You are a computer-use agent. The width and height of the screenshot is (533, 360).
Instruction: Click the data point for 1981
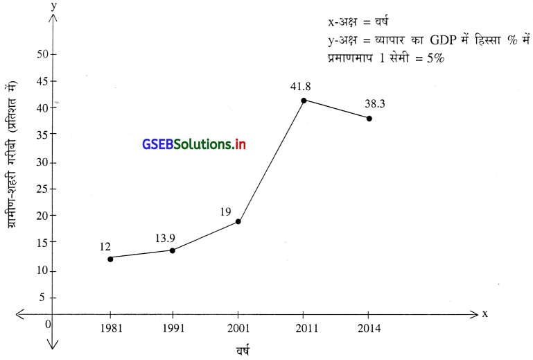110,259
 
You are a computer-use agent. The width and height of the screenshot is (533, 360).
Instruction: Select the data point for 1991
173,250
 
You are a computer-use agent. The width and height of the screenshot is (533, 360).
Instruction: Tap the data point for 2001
238,222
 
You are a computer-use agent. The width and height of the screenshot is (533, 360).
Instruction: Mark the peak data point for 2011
304,101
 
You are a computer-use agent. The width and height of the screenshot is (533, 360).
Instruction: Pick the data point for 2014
369,119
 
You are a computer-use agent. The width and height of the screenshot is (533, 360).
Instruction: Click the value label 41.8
303,87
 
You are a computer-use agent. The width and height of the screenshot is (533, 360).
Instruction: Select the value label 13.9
165,238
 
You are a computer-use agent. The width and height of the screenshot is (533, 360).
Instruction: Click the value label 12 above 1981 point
105,246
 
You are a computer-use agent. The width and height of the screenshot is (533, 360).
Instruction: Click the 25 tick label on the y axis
42,189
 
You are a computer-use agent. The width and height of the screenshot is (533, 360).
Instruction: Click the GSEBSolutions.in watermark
194,144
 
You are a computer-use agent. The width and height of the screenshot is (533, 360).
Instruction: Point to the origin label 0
47,324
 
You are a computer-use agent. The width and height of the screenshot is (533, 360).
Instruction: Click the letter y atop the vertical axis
53,6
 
